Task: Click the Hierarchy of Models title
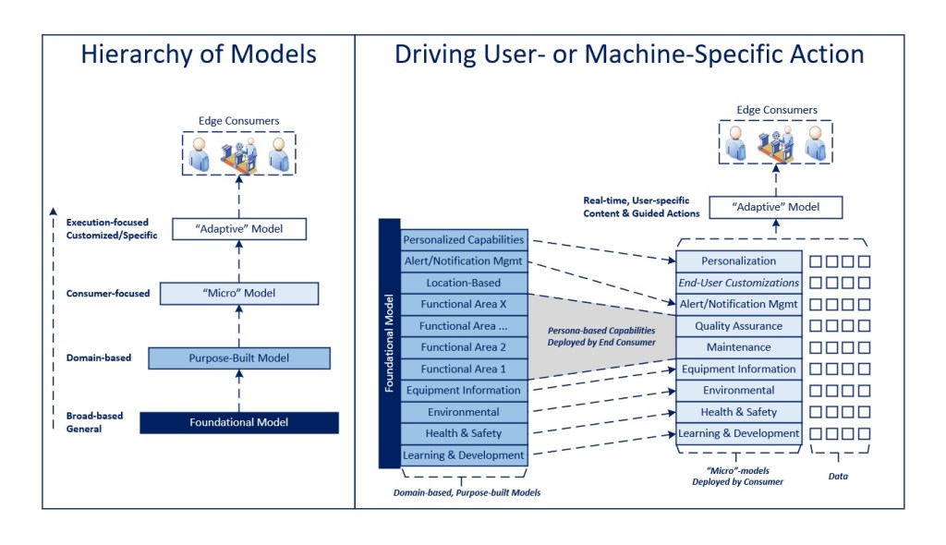click(198, 54)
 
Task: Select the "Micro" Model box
click(238, 294)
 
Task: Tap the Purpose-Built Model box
click(238, 357)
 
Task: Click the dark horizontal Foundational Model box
click(238, 422)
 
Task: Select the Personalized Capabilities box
click(464, 239)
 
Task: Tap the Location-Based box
click(464, 283)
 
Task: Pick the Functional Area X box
click(464, 304)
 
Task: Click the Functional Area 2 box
click(464, 347)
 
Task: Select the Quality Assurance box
click(738, 325)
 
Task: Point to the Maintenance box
click(738, 347)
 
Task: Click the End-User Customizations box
click(738, 283)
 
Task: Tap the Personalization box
click(738, 261)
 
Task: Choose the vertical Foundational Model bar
click(389, 343)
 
